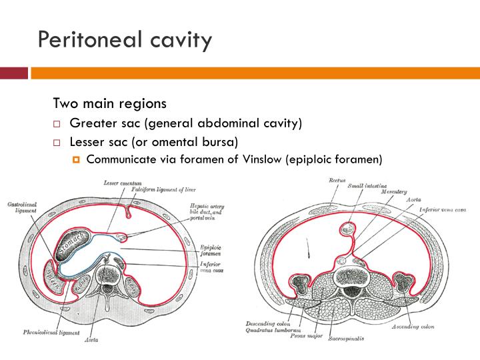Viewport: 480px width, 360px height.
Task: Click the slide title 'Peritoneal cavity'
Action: tap(125, 40)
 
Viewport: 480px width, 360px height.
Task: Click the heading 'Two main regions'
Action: tap(109, 104)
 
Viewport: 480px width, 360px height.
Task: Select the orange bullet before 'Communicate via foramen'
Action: tap(76, 159)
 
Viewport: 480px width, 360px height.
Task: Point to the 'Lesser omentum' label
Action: tap(121, 183)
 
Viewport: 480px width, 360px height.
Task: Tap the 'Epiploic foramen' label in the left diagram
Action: tap(211, 250)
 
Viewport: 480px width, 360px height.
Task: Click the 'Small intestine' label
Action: tap(367, 187)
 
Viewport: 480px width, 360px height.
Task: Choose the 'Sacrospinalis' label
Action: tap(349, 338)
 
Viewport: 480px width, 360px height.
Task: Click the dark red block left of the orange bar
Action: tap(14, 73)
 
